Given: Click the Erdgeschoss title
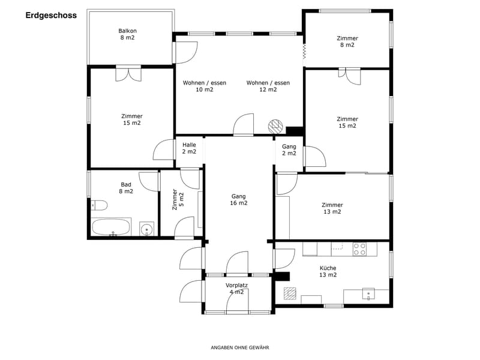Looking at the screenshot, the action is coord(51,16).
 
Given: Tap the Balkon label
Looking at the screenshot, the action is coord(127,31).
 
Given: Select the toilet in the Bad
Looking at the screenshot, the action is coord(99,205).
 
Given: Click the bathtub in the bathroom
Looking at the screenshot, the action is coord(112,227).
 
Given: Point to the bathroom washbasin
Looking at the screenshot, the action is coord(147,229).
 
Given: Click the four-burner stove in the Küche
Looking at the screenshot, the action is coord(359,249).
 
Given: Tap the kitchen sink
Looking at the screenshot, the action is coord(368,294).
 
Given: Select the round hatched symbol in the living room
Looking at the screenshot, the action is coord(275,126).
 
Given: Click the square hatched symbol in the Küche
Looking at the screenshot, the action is coord(290,293).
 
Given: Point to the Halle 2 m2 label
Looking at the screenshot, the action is coord(189,148).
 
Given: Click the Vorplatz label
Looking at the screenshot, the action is coord(236,286).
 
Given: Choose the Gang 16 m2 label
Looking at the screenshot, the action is coord(238,200).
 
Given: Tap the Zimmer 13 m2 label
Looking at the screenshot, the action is coord(332,208).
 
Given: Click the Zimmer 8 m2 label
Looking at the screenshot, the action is coord(347,41).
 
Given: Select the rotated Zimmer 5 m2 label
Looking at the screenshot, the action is coord(178,199).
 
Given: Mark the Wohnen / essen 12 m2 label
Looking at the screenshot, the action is coord(268,86).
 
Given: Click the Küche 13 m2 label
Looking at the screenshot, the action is coord(328,272).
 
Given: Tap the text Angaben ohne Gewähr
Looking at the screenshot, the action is coord(240,347).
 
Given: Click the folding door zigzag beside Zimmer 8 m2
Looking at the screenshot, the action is coord(304,51).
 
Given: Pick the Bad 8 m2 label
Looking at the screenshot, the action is coord(126,188).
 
